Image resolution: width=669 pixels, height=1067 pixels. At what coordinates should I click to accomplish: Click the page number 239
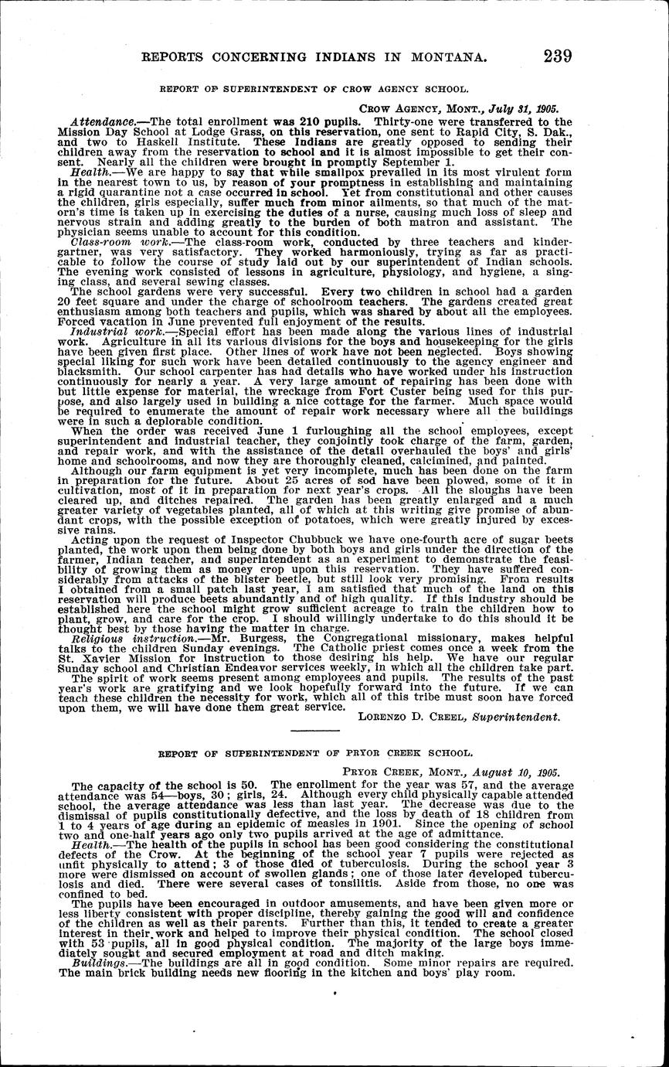pos(558,56)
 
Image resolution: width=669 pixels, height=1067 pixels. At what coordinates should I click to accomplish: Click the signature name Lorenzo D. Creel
pos(407,717)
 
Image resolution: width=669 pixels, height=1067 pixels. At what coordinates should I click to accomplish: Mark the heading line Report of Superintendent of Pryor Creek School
pos(314,752)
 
